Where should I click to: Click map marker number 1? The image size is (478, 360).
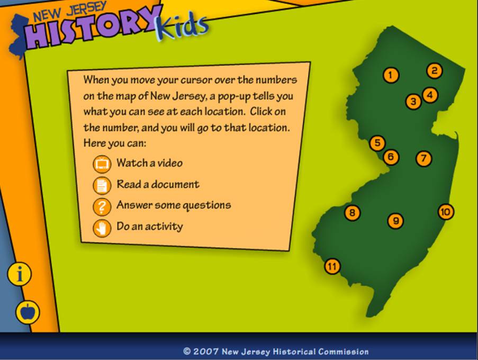tap(391, 75)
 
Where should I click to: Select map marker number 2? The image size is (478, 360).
tap(435, 71)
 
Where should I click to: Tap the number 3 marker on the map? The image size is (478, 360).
tap(413, 101)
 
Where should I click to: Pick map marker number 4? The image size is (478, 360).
tap(430, 95)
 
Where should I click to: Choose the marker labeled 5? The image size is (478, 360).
tap(377, 142)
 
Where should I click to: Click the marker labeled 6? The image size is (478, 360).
tap(391, 157)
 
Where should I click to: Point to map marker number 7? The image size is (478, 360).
tap(423, 158)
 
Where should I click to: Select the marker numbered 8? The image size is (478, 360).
tap(353, 212)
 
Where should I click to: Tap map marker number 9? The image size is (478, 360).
tap(396, 221)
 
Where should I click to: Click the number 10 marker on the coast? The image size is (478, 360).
tap(446, 212)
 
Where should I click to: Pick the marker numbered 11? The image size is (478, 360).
tap(332, 266)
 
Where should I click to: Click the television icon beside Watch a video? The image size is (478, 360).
tap(102, 164)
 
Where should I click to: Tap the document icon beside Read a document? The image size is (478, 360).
tap(102, 185)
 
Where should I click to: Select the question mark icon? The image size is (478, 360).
tap(102, 206)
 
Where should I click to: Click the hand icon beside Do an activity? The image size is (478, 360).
tap(102, 228)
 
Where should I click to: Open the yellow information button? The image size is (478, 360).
tap(20, 274)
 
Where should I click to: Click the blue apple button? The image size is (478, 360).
tap(28, 312)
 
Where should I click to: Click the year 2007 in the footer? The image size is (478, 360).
tap(206, 352)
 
